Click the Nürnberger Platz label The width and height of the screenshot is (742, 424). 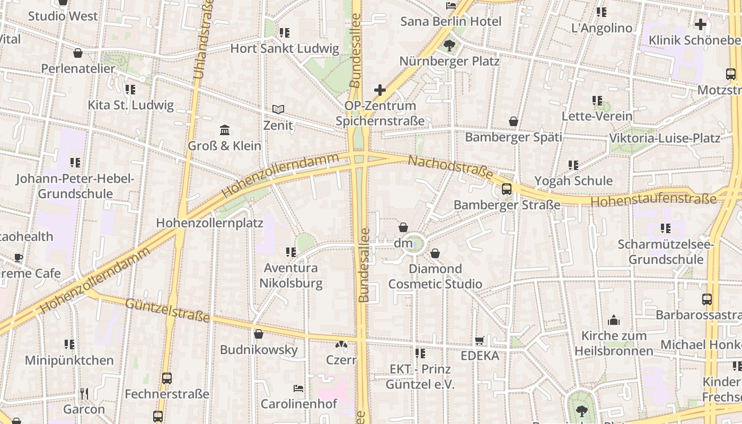(x=449, y=61)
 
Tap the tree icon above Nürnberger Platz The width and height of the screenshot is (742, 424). (x=449, y=46)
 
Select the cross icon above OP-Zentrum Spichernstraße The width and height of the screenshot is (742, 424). (x=379, y=90)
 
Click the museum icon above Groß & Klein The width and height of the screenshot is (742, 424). (x=224, y=130)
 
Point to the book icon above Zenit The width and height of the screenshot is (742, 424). (x=278, y=110)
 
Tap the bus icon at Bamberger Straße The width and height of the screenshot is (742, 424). (x=507, y=189)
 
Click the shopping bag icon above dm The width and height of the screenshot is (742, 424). (x=403, y=227)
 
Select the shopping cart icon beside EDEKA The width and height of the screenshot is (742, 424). (x=480, y=341)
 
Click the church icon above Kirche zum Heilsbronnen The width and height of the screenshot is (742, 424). (x=614, y=320)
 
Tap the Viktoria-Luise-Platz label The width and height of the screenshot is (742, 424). (x=665, y=138)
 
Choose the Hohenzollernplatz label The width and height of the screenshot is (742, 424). (x=209, y=223)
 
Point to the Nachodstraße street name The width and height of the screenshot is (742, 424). (x=450, y=167)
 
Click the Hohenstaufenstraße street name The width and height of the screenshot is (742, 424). (x=653, y=200)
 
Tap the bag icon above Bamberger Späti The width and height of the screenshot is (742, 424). (x=513, y=122)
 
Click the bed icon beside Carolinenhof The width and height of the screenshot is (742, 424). (x=298, y=388)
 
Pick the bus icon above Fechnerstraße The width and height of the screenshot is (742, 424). (x=167, y=378)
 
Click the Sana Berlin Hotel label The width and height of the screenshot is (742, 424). (x=450, y=22)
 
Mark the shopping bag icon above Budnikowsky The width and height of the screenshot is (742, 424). (x=259, y=334)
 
